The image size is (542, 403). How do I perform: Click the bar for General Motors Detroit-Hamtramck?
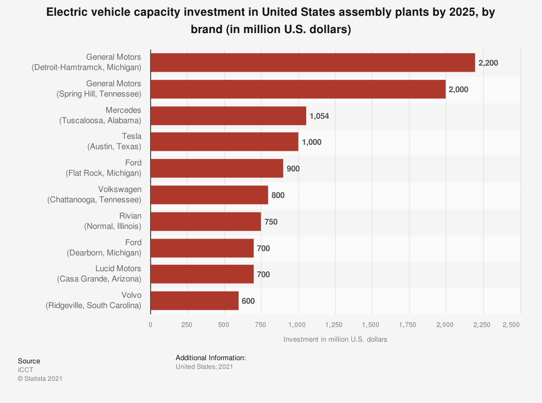313,62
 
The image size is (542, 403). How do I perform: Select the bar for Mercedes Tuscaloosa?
228,116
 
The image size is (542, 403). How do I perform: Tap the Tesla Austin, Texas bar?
224,142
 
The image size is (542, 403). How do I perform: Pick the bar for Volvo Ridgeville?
195,300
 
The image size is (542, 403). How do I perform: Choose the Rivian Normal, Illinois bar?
205,221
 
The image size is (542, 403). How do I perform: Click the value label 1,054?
319,116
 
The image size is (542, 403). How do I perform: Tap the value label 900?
293,169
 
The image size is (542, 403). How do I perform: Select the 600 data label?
248,301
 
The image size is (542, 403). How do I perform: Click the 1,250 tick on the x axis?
334,324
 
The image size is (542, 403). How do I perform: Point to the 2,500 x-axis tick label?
511,324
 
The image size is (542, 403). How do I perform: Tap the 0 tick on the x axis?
151,324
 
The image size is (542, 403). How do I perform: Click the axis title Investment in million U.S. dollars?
335,340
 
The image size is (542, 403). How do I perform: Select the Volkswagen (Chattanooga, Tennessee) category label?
94,195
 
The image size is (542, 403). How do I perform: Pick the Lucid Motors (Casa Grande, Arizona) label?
99,274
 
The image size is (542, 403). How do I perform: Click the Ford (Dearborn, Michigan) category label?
104,247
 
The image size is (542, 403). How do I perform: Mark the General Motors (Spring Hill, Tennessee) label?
99,89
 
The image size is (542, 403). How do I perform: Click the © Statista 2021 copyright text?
40,379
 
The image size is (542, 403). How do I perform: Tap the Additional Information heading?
211,358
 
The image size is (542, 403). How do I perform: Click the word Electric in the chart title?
67,13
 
